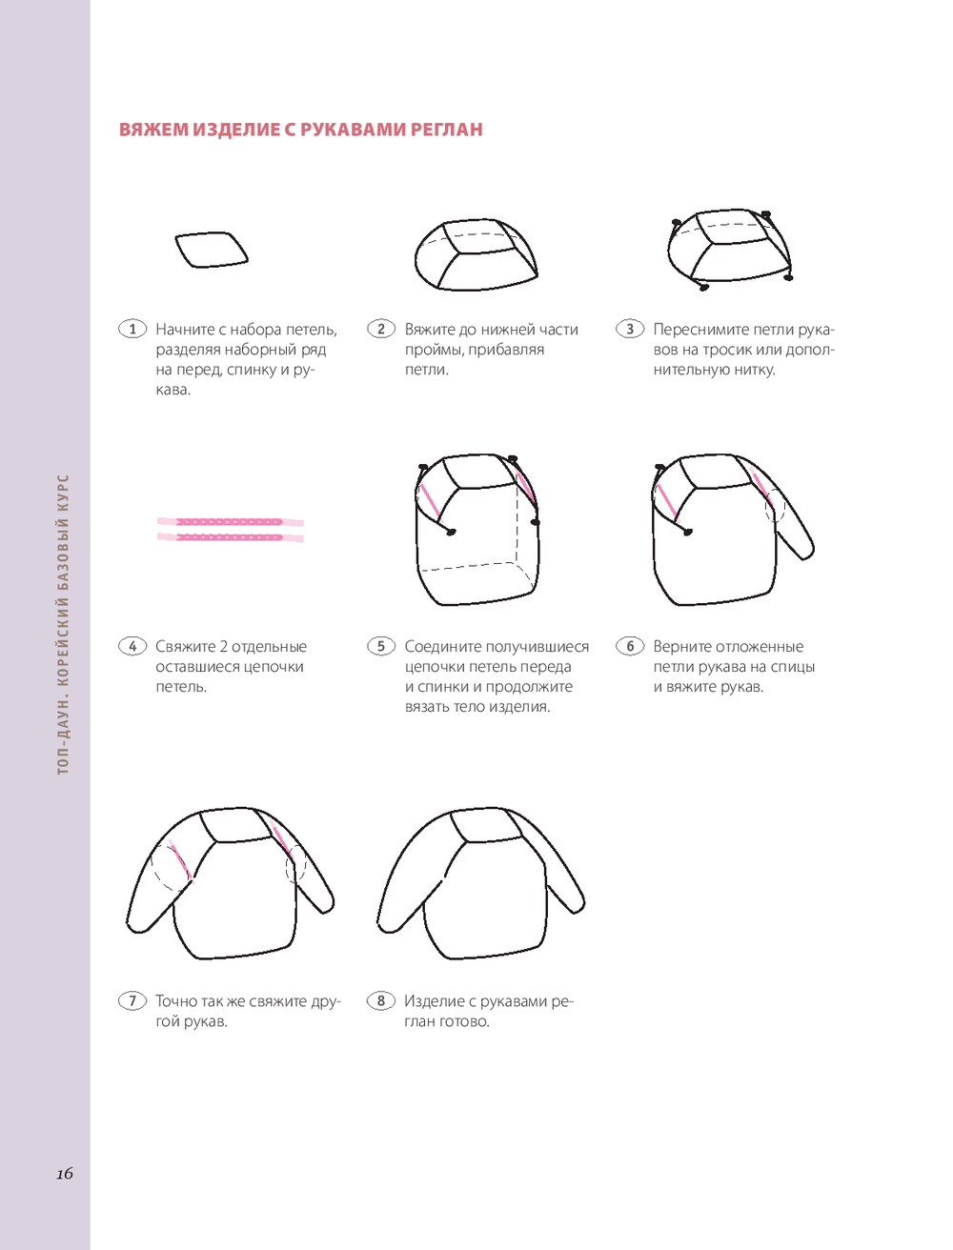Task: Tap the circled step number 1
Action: point(132,329)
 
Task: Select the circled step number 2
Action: point(381,329)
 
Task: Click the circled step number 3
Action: point(630,329)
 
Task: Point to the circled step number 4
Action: point(132,646)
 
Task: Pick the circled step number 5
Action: point(381,646)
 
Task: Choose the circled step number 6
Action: point(630,646)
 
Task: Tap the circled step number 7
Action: point(132,1001)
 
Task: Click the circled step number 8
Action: point(381,1001)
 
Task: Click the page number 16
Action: point(65,1174)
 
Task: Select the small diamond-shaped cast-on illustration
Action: point(212,250)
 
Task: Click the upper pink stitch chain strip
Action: point(230,522)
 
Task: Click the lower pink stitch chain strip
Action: point(230,537)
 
